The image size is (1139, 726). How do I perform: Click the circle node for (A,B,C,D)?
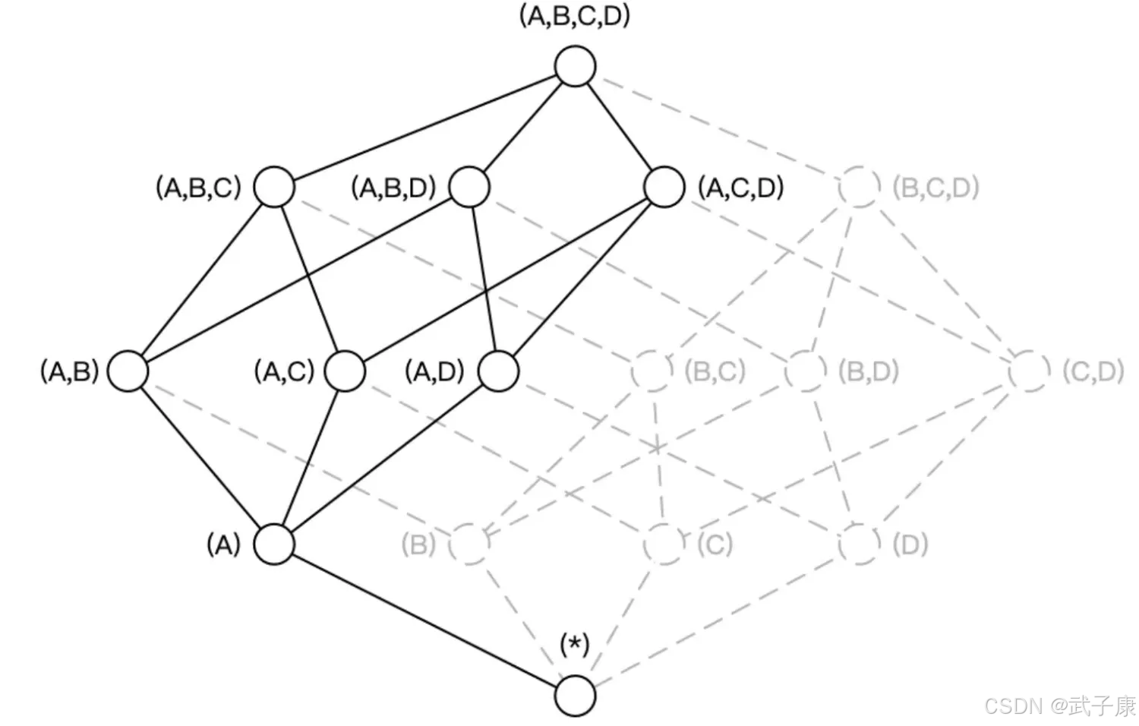pos(575,67)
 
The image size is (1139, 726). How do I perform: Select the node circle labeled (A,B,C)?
pos(274,187)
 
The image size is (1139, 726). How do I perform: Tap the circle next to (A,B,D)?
pos(469,187)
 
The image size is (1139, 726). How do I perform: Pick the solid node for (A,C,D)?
pos(664,187)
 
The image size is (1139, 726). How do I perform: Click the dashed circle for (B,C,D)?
pos(860,187)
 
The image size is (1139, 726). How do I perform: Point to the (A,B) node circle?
pos(128,371)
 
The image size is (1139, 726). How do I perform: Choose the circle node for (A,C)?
pos(345,371)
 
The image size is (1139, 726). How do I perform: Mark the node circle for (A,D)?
pos(499,371)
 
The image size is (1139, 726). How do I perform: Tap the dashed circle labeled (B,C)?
pos(652,371)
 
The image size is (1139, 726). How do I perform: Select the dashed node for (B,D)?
pos(806,371)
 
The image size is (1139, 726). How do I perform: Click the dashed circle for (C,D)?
pos(1030,371)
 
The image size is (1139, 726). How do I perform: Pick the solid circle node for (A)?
pos(274,544)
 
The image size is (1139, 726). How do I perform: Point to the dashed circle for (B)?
pos(469,544)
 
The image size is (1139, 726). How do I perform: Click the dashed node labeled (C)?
pos(664,544)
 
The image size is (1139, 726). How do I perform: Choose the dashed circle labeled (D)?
pos(860,544)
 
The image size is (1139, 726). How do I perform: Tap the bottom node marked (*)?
pos(575,696)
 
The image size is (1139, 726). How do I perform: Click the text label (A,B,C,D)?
pos(575,17)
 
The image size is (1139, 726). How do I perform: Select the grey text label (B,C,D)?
pos(935,188)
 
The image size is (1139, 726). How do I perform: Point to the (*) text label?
pos(575,646)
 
